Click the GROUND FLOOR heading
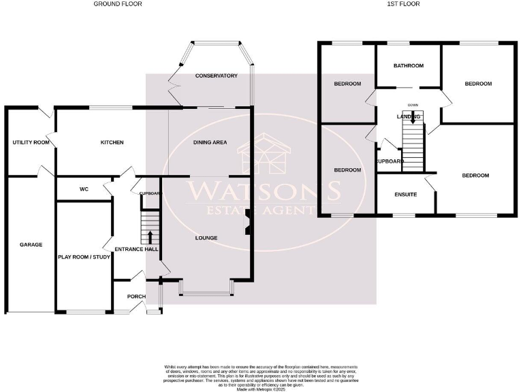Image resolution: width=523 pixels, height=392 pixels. point(118,4)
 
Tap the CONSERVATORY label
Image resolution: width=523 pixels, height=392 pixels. point(216,76)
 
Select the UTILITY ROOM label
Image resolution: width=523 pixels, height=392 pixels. point(31,142)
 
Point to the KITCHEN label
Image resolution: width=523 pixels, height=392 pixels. point(112,142)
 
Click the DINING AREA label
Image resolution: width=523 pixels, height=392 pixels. point(210,142)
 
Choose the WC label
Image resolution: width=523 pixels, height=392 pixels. point(84,189)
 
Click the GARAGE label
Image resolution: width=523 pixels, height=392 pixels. point(31,244)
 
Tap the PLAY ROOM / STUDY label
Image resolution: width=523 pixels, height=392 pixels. point(84,257)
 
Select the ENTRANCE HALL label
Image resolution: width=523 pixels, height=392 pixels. point(136,250)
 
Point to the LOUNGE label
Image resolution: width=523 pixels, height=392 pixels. point(206,238)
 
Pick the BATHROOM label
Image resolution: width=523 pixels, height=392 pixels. point(409,65)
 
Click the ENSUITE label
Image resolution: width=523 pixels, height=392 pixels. point(406,195)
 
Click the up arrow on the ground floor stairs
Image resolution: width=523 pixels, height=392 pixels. point(150,236)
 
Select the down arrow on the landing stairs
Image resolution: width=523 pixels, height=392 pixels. point(413,117)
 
